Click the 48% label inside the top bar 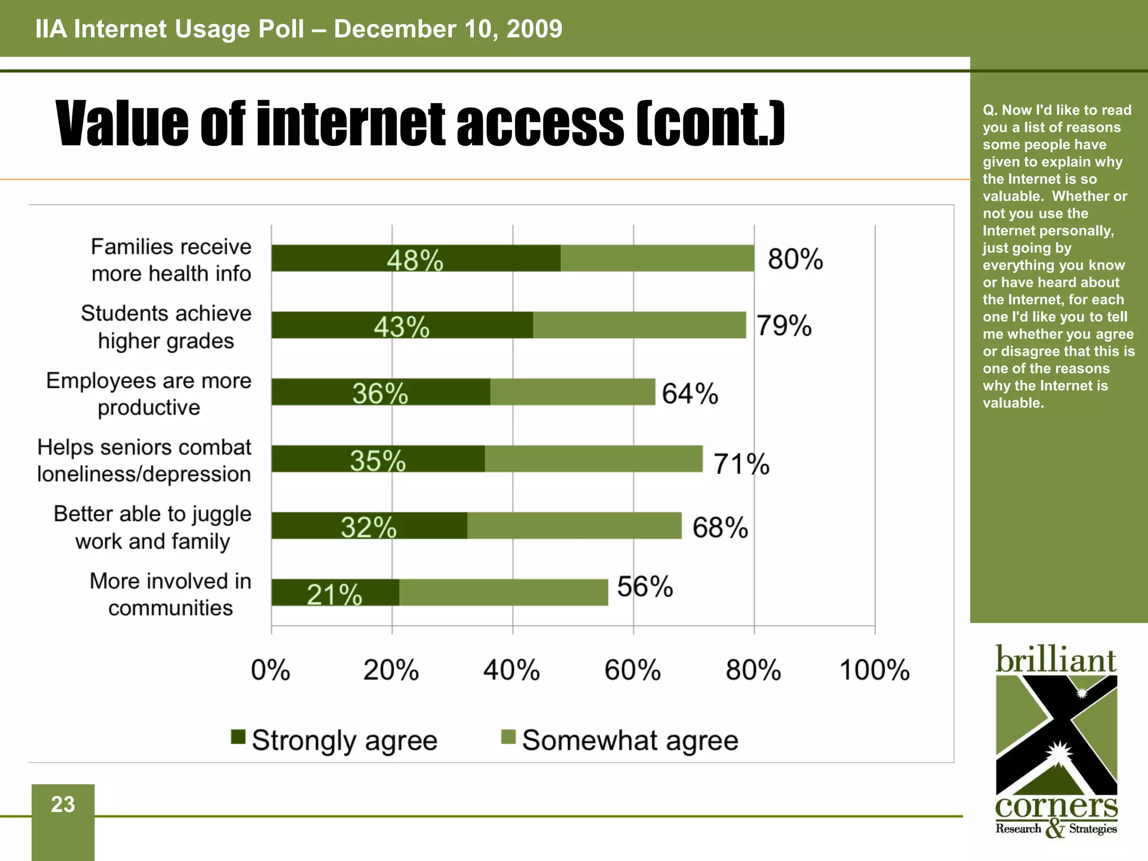pos(415,261)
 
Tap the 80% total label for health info pos(795,259)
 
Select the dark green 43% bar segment pos(402,325)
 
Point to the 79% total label pos(784,325)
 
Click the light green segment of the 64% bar pos(572,392)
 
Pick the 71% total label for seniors pos(741,464)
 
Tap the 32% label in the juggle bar pos(368,527)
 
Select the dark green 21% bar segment pos(335,592)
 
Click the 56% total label pos(645,587)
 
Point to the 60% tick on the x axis pos(633,670)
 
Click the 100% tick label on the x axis pos(874,670)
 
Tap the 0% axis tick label pos(271,670)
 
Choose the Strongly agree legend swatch pos(238,737)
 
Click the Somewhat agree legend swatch pos(508,737)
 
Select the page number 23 pos(63,804)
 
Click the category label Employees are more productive pos(149,394)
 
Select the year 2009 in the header pos(534,29)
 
